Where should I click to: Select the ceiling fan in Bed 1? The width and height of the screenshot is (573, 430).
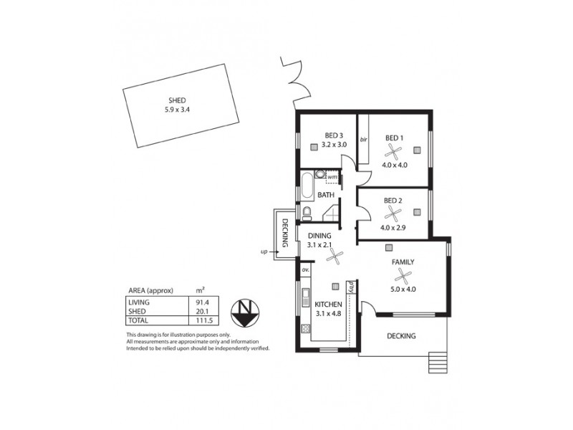[x=393, y=151]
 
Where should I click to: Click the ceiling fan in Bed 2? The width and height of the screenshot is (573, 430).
[x=393, y=213]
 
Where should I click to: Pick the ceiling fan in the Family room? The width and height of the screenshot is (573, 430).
[x=403, y=276]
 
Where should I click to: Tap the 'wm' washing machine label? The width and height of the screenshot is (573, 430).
[x=333, y=176]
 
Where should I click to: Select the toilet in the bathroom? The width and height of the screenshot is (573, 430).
[x=307, y=212]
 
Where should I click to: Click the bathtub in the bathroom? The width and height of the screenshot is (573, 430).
[x=305, y=186]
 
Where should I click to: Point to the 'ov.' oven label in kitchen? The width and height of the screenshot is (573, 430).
[x=304, y=269]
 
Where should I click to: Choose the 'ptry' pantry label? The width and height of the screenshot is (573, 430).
[x=351, y=288]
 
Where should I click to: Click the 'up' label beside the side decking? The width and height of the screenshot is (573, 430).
[x=264, y=252]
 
